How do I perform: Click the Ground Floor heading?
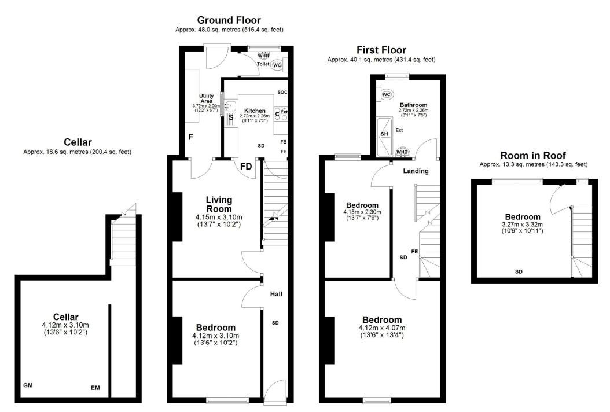(x=229, y=20)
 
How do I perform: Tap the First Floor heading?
(x=381, y=50)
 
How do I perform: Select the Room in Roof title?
(x=533, y=156)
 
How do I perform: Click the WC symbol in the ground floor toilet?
(x=277, y=65)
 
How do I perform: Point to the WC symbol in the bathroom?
(x=386, y=94)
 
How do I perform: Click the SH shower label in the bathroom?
(x=384, y=134)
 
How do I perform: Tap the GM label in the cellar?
(x=28, y=385)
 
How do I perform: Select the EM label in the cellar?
(x=95, y=388)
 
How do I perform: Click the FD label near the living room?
(x=246, y=167)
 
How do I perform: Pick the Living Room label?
(x=219, y=204)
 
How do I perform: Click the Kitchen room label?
(x=255, y=111)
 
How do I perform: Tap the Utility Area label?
(x=206, y=98)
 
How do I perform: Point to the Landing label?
(x=416, y=171)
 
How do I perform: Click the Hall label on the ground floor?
(x=276, y=294)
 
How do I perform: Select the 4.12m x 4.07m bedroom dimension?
(x=381, y=328)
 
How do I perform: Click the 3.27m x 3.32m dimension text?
(x=523, y=225)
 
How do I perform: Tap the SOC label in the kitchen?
(x=282, y=92)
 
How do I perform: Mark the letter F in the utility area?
(x=190, y=137)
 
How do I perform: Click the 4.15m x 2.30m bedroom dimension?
(x=362, y=212)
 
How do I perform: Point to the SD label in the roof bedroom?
(x=519, y=271)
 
